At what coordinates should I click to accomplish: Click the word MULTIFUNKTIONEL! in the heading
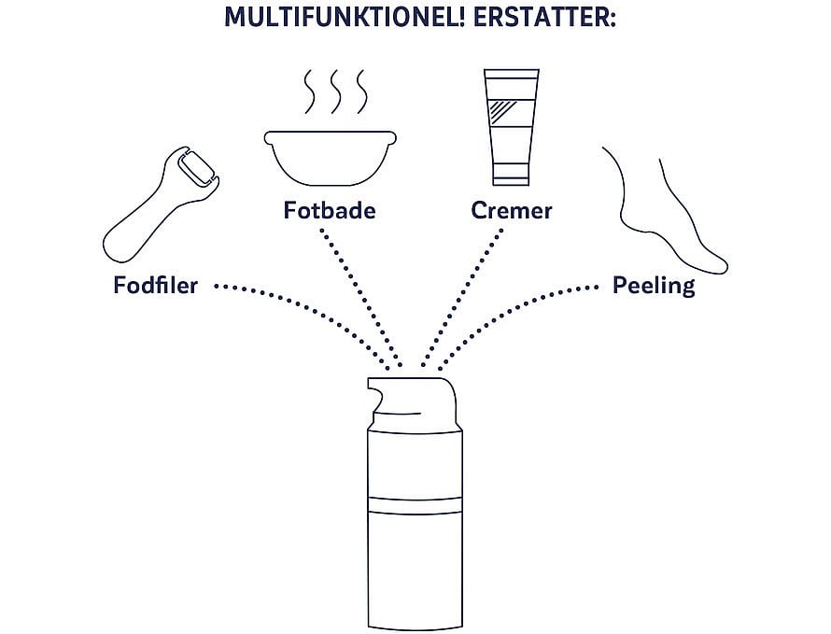[345, 17]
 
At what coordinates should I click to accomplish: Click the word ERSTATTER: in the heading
[544, 17]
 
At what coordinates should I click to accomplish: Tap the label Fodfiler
[155, 285]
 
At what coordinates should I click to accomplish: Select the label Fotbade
[330, 210]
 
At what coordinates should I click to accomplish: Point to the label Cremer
[512, 210]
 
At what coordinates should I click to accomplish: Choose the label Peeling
[654, 286]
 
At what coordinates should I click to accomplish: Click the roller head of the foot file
[195, 168]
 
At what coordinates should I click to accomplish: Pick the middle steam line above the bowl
[334, 92]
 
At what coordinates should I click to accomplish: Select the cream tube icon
[512, 127]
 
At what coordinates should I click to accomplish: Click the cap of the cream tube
[512, 174]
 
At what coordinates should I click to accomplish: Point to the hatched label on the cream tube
[512, 112]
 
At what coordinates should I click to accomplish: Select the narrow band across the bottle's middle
[415, 505]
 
